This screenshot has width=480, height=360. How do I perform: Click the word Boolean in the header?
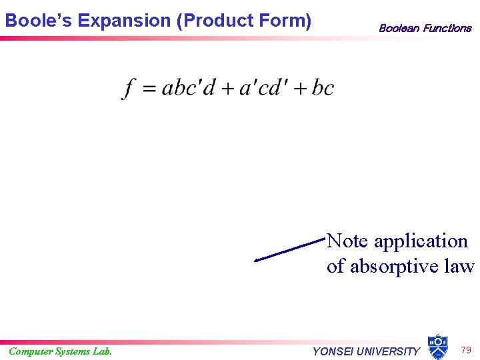[399, 28]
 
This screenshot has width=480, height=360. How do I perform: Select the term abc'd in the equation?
[189, 87]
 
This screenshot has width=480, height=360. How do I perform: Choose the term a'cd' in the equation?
[263, 87]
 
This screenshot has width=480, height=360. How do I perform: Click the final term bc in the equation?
[323, 87]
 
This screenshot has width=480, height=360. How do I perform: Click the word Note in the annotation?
[347, 241]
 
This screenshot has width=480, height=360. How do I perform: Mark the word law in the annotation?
[461, 267]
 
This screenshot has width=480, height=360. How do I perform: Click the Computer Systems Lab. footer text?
[60, 351]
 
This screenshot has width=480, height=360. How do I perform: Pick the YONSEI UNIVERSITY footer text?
[366, 351]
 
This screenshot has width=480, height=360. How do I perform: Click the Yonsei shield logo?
[437, 347]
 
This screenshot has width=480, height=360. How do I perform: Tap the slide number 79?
[466, 349]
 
